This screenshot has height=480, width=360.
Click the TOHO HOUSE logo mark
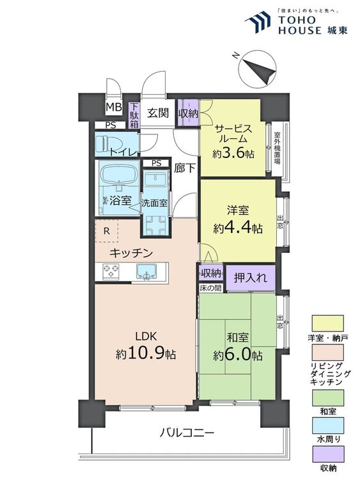258,22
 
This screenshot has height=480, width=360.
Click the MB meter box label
114,107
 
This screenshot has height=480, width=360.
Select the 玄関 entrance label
158,113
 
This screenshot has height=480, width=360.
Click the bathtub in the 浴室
120,174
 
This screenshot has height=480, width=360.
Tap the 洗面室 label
155,203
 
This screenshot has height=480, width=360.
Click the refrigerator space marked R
106,231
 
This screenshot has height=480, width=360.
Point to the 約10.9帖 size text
146,354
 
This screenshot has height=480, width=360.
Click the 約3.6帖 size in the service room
233,154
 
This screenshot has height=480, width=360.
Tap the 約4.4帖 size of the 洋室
237,227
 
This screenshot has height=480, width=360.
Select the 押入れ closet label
251,278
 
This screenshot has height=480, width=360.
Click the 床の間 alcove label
210,288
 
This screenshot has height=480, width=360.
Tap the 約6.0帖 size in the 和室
237,355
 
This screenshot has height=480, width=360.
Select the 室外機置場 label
277,148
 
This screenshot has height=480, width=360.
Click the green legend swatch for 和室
327,397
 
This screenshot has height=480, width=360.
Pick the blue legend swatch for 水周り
327,426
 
